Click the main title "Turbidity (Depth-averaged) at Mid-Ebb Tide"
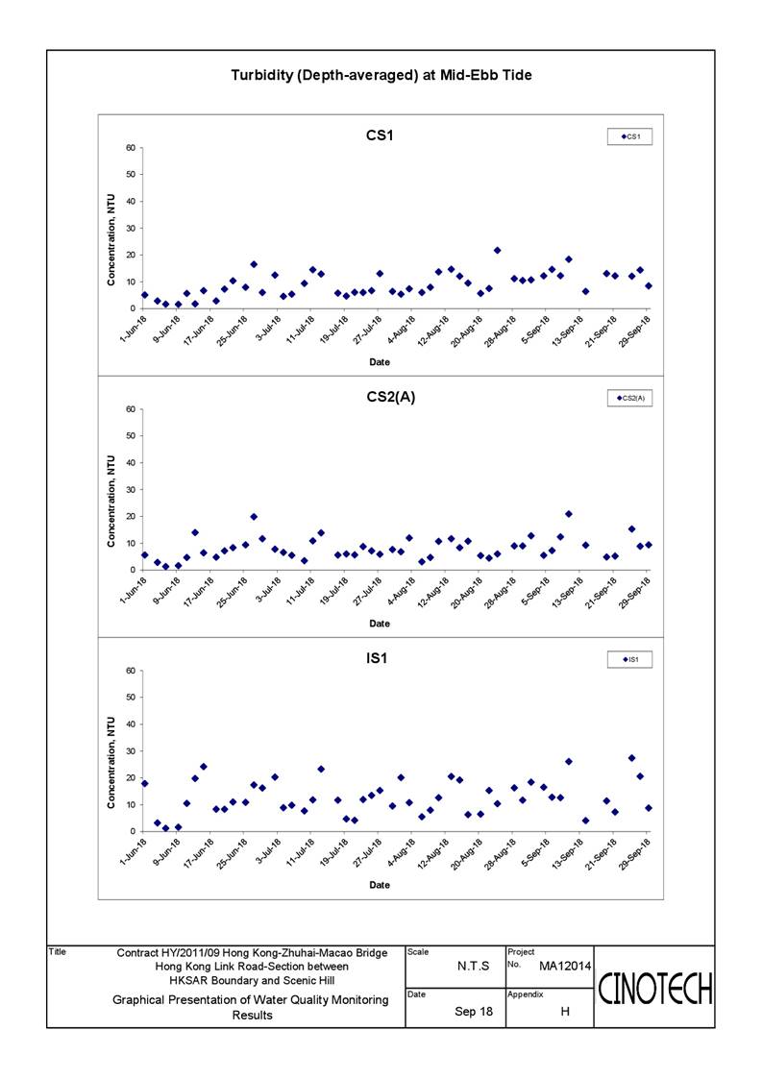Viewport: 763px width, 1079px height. [381, 75]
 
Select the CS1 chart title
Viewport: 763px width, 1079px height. [380, 135]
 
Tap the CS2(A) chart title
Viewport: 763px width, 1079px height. [391, 397]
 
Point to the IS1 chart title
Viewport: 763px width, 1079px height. [377, 658]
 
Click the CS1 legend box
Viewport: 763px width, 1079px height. [629, 136]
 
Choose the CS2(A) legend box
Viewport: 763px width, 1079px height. [629, 398]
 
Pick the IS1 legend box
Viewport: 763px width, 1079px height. [629, 659]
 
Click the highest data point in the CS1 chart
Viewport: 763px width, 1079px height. [498, 251]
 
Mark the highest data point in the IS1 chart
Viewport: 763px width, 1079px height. [631, 758]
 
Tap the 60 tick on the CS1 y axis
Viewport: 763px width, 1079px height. [131, 148]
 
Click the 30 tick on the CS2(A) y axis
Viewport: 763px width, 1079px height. [131, 490]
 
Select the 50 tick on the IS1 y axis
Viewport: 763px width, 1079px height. [131, 698]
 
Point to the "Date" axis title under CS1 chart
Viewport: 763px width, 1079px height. [380, 362]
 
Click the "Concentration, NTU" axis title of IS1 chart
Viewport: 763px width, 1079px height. [111, 763]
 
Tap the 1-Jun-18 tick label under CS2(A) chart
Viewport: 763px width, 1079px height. [134, 590]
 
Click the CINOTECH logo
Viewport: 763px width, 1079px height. [655, 989]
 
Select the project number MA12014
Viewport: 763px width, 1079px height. [565, 967]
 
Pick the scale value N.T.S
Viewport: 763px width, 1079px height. [474, 967]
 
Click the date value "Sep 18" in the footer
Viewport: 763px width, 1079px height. [474, 1012]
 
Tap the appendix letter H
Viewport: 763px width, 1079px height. [565, 1012]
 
